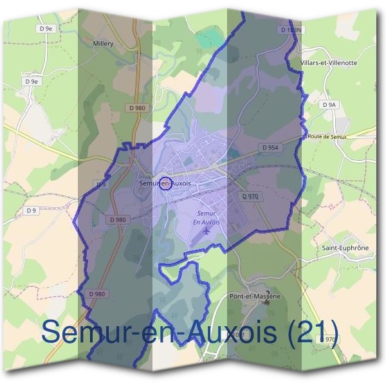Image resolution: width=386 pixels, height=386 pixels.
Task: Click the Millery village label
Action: (103, 44)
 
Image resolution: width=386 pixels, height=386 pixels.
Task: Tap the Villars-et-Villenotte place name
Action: (328, 63)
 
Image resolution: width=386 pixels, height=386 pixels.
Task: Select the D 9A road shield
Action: (327, 104)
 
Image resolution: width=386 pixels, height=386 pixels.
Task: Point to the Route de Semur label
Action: (327, 137)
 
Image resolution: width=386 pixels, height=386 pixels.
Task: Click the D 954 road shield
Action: (270, 148)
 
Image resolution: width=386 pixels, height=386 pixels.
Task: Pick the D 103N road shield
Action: (291, 30)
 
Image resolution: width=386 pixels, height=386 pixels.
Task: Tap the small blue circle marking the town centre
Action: (165, 184)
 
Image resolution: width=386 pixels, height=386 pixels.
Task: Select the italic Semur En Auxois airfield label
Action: (207, 217)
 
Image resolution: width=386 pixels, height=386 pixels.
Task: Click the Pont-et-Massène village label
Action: (255, 297)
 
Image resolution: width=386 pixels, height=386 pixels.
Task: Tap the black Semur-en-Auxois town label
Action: (165, 184)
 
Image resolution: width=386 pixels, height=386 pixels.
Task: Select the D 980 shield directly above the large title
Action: (96, 294)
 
